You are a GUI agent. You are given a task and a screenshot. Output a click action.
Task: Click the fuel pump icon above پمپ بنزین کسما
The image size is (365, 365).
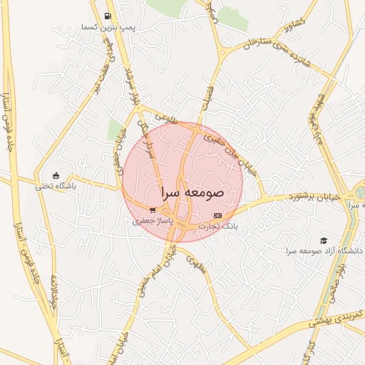point(108,16)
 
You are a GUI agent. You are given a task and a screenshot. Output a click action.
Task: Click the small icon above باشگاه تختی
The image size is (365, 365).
point(56,175)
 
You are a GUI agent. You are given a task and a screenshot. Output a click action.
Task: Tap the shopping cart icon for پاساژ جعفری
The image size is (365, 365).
point(153,210)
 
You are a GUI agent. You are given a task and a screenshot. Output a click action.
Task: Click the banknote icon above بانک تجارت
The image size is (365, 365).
point(217,215)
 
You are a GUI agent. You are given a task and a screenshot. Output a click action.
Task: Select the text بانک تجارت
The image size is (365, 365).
point(216,226)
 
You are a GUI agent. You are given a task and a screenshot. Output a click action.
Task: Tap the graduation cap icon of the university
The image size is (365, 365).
point(324,241)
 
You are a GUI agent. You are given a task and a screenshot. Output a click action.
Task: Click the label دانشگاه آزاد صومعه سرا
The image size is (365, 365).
point(325,252)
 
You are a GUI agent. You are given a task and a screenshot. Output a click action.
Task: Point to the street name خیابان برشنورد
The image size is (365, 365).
point(314,195)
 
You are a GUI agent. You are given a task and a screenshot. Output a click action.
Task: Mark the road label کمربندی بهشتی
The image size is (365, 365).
point(336,318)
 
